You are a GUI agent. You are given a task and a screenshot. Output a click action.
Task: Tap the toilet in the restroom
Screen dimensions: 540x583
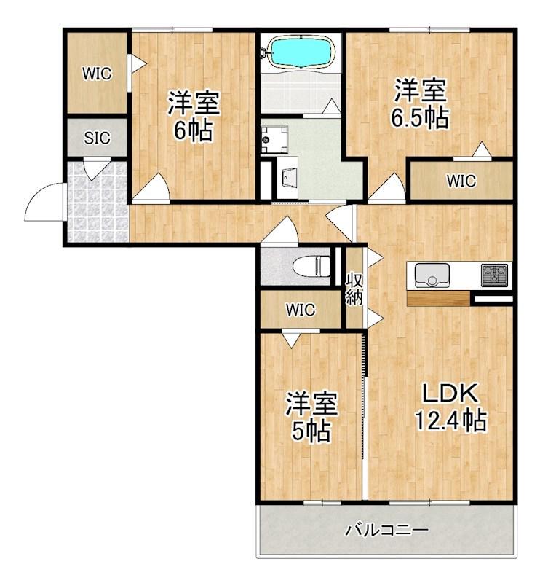pos(311,267)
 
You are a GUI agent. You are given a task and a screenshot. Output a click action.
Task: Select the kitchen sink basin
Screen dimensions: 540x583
pos(432,275)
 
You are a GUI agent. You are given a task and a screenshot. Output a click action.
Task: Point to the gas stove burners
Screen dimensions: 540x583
pos(494,275)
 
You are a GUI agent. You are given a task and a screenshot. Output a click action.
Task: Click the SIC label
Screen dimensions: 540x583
pos(97,138)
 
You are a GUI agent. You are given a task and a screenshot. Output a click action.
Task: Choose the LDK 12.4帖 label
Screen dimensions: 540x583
pos(450,407)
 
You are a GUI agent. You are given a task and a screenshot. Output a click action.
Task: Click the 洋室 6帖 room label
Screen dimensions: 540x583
pos(194,116)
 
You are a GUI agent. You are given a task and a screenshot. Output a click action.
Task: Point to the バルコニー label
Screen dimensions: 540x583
pos(386,530)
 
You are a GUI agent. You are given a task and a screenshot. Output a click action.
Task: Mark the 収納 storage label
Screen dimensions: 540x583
pos(354,289)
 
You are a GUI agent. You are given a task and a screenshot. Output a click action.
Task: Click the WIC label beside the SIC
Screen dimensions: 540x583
pos(97,74)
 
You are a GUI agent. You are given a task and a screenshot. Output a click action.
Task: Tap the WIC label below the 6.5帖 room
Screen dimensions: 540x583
pos(461,181)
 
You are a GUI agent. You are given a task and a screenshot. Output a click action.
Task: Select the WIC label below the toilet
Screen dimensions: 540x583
pos(301,310)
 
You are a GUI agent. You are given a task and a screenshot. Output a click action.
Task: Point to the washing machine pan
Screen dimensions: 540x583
pos(274,140)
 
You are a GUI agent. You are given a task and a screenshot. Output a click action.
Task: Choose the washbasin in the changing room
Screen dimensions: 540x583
pos(287,179)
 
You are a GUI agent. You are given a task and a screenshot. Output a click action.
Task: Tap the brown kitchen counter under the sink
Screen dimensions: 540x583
pos(438,299)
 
